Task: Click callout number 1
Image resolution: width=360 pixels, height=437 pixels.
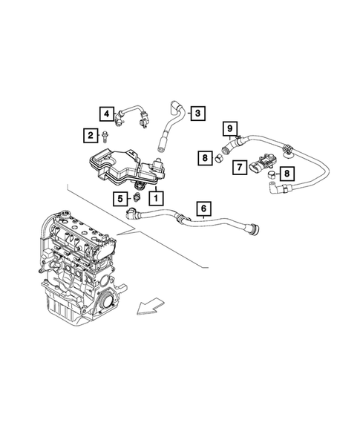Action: tap(156, 198)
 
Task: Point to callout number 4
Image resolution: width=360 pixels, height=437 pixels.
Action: tap(108, 114)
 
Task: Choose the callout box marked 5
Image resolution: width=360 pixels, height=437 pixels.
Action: tap(119, 198)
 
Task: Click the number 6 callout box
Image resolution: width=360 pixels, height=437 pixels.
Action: tap(203, 209)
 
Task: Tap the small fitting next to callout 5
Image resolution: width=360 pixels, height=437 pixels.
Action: tap(135, 198)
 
